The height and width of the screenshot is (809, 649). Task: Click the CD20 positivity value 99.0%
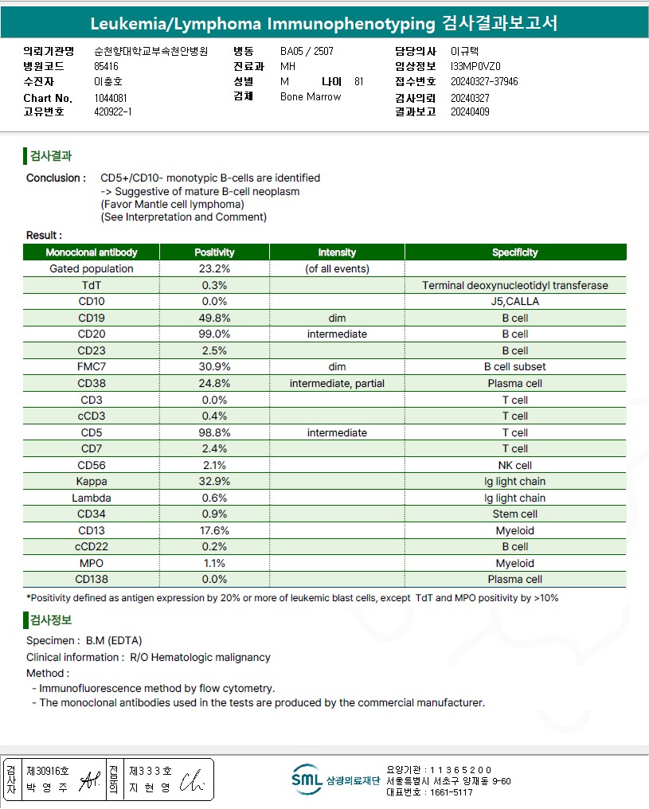214,334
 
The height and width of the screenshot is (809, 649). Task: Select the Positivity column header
214,252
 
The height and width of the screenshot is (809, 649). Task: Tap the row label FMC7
91,367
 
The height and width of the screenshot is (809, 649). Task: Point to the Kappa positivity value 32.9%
214,482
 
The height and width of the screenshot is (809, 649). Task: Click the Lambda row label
91,498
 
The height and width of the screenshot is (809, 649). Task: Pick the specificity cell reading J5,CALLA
515,302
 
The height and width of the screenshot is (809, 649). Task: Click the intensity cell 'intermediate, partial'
337,384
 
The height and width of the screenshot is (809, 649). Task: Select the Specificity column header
515,252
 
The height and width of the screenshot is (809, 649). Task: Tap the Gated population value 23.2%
214,269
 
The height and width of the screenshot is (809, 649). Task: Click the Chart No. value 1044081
110,98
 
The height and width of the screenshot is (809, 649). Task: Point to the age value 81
358,81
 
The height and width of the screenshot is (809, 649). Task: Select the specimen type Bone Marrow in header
311,97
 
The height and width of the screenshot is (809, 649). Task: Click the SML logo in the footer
307,780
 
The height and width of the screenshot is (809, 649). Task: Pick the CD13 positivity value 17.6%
214,531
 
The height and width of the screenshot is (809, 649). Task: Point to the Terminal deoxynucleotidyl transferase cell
515,285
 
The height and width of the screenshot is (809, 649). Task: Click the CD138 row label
91,580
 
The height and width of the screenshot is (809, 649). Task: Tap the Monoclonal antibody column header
91,252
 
